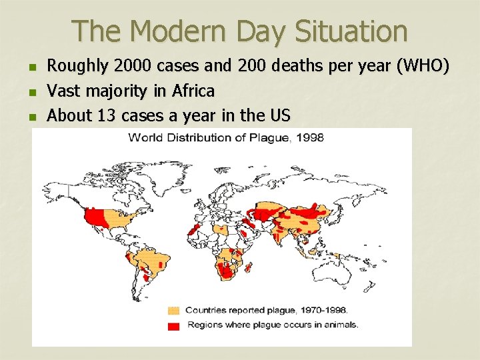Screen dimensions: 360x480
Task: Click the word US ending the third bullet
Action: pyautogui.click(x=279, y=115)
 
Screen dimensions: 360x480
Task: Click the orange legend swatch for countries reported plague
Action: pyautogui.click(x=174, y=311)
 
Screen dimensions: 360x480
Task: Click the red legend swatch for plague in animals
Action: pyautogui.click(x=174, y=325)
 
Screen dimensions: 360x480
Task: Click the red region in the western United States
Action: pyautogui.click(x=97, y=217)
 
